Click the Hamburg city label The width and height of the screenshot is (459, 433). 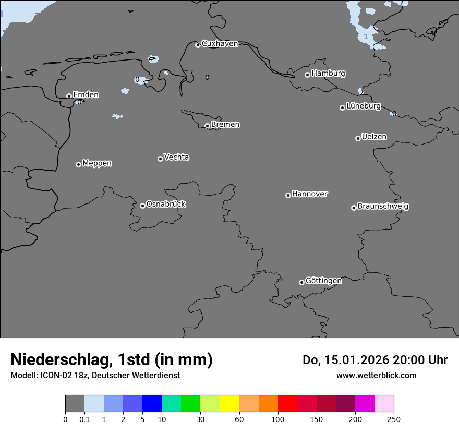328,74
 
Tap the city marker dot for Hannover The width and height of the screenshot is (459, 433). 288,195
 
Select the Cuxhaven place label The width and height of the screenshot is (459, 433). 220,44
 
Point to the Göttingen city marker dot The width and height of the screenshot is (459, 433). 301,282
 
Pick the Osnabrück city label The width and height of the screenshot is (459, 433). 166,204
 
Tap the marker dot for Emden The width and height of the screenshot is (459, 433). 69,96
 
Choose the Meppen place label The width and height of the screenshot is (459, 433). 97,163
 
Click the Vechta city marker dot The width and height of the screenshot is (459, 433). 160,159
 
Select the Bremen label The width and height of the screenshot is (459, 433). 225,125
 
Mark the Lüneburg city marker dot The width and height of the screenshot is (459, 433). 342,107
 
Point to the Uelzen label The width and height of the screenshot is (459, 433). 374,137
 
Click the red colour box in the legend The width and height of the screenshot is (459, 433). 287,404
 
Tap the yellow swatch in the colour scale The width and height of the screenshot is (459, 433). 229,404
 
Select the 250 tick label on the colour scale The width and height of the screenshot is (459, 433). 394,419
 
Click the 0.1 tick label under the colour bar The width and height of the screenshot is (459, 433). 84,419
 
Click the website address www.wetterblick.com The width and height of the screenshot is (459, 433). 376,375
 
